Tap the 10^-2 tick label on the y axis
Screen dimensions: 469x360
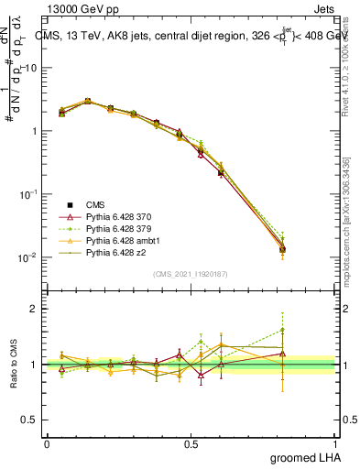click(27, 257)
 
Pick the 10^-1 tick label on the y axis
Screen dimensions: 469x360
click(27, 194)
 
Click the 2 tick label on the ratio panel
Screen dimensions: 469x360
click(35, 309)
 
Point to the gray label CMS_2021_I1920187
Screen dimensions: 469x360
click(191, 274)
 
